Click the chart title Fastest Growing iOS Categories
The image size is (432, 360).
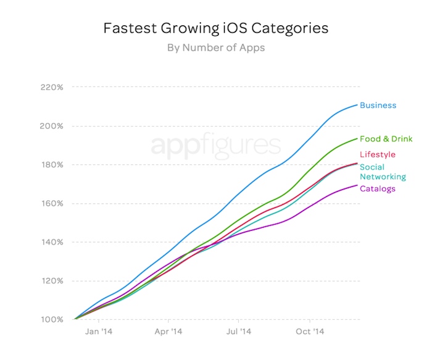(x=215, y=28)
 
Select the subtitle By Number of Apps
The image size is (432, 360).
(x=215, y=48)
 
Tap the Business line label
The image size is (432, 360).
(x=378, y=105)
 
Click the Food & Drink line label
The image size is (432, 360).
(x=386, y=139)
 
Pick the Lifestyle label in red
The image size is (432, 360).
(x=377, y=154)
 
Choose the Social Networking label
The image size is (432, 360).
(x=383, y=172)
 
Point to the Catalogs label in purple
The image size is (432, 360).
(x=377, y=188)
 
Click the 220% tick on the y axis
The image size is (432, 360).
(x=52, y=87)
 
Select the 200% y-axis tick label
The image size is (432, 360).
(x=52, y=126)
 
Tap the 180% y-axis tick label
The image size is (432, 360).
(x=52, y=165)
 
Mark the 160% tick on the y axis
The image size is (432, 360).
(x=52, y=203)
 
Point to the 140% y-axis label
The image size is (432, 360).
(x=52, y=242)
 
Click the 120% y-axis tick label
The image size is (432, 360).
(x=52, y=281)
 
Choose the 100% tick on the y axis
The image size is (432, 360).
(x=52, y=319)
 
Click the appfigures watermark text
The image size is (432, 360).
(x=215, y=146)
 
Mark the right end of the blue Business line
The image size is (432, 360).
(x=357, y=104)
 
